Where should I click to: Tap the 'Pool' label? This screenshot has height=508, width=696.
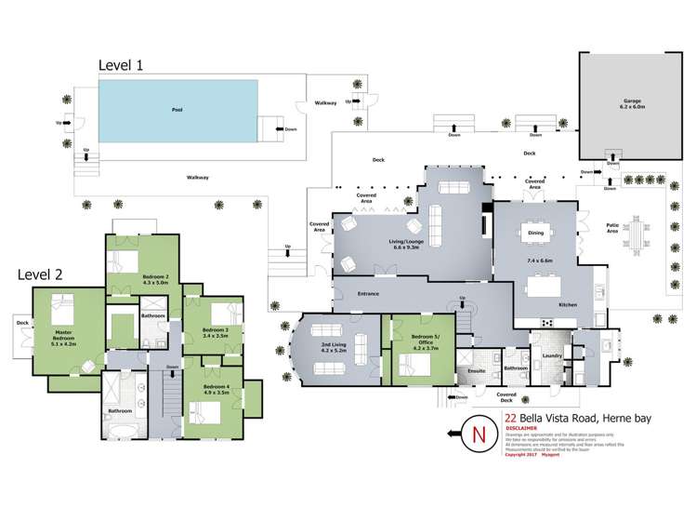coord(177,109)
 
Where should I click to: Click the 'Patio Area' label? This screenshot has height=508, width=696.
coord(612,226)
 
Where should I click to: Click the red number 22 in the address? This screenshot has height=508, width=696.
coord(510,419)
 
